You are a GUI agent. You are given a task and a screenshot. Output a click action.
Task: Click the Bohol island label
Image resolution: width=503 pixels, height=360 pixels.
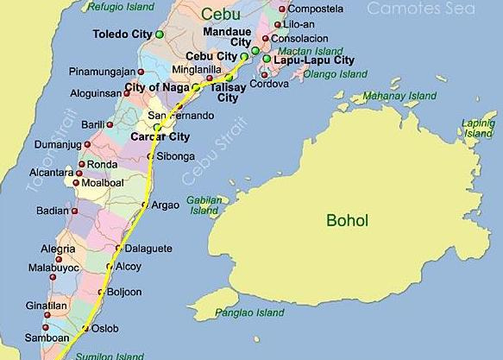point(347,220)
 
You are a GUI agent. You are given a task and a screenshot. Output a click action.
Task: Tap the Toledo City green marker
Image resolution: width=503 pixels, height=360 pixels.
point(160,35)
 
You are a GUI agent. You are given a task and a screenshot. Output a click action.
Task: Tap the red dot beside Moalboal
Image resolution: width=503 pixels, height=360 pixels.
point(77,183)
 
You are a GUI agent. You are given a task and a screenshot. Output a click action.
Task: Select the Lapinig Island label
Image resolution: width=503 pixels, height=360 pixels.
point(478,129)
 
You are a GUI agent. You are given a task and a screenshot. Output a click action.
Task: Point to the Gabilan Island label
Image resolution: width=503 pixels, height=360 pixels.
point(204,205)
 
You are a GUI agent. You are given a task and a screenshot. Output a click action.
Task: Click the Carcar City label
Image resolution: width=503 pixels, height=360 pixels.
point(160,136)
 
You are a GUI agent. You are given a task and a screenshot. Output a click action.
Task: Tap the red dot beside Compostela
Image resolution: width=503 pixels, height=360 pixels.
point(280,9)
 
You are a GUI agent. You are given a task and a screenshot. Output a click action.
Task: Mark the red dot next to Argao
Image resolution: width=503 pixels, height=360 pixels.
point(144,205)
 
